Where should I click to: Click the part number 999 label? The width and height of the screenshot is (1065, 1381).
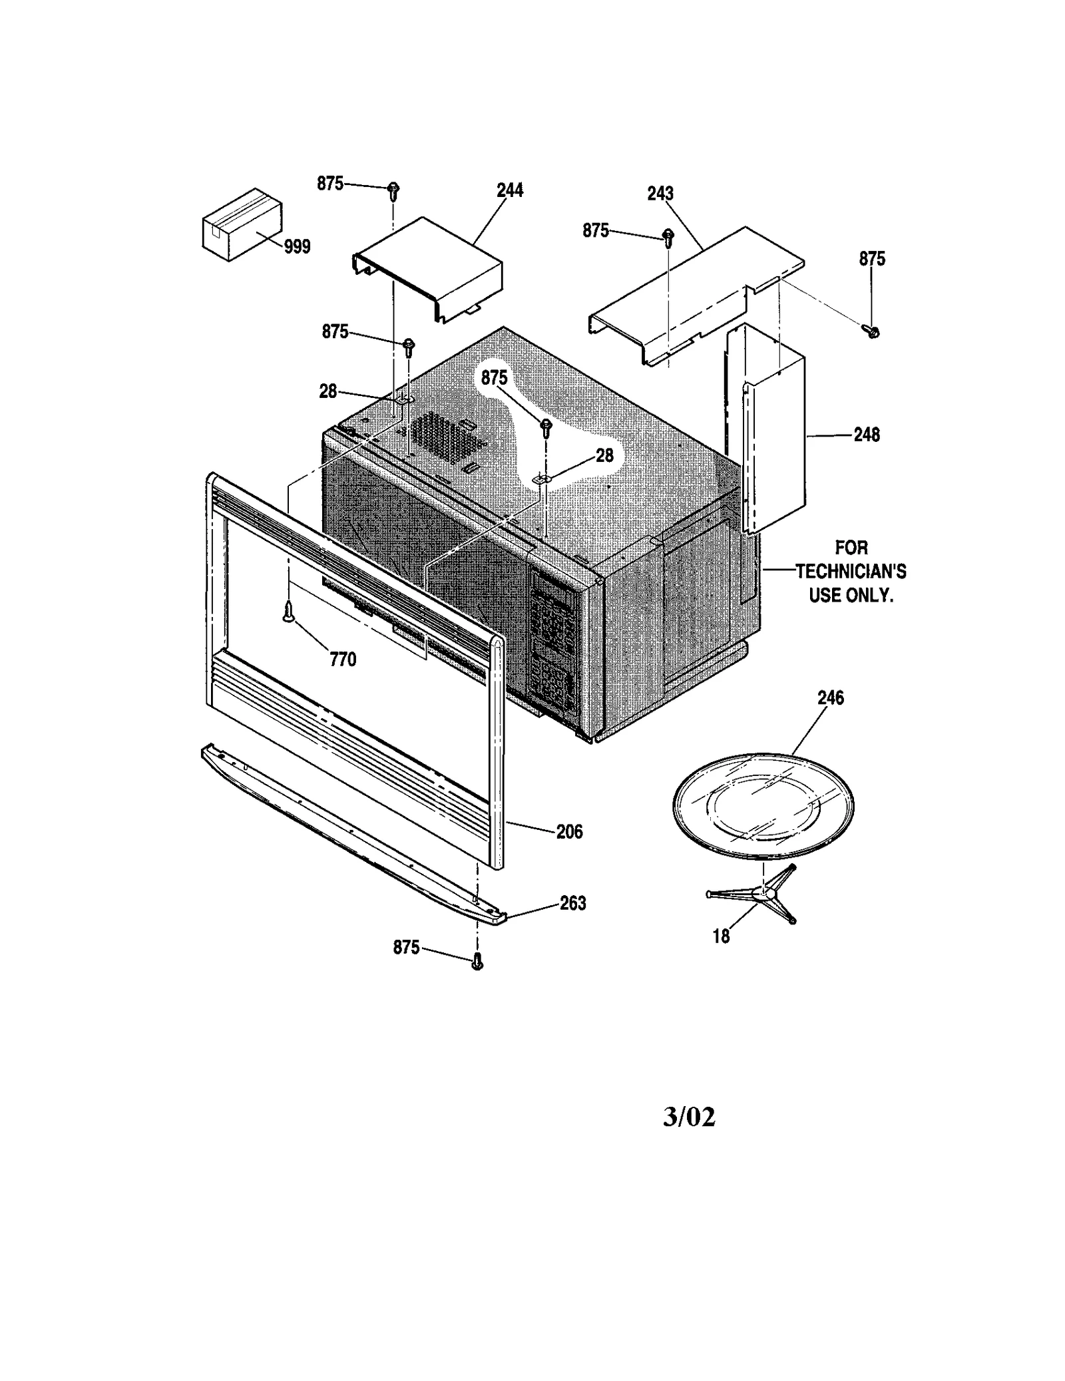(x=297, y=247)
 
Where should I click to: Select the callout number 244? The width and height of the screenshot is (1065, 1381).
(x=510, y=190)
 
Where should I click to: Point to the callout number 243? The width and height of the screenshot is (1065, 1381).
(x=660, y=194)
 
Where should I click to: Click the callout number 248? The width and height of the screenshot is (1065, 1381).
(x=867, y=435)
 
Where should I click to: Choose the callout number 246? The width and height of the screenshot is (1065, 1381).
(x=831, y=698)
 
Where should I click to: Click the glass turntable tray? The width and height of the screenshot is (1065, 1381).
(x=763, y=806)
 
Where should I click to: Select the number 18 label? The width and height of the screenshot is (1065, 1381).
(x=721, y=936)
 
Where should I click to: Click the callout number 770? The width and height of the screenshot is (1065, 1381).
(x=343, y=660)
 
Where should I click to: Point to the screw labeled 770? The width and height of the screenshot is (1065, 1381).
(x=288, y=610)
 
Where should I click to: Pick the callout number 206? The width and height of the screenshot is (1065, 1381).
(x=569, y=832)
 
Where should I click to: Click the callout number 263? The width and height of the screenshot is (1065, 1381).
(x=572, y=903)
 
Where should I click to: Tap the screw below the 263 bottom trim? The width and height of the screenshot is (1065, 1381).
(x=477, y=962)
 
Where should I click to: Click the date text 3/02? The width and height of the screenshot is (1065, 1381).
(x=689, y=1117)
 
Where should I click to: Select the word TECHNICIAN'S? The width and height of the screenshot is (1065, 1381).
(x=851, y=572)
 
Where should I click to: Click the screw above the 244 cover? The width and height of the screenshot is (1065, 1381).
(x=393, y=191)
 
